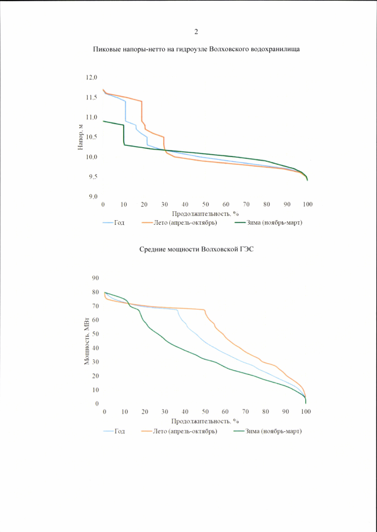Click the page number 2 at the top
(x=196, y=31)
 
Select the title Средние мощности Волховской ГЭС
(x=197, y=250)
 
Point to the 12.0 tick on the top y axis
(x=91, y=78)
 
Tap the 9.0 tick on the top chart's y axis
(x=92, y=197)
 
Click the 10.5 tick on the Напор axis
(x=91, y=137)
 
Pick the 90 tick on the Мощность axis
(x=95, y=278)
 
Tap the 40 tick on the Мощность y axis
(x=95, y=348)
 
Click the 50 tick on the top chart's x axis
(x=205, y=204)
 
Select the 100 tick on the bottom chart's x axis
(x=306, y=412)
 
